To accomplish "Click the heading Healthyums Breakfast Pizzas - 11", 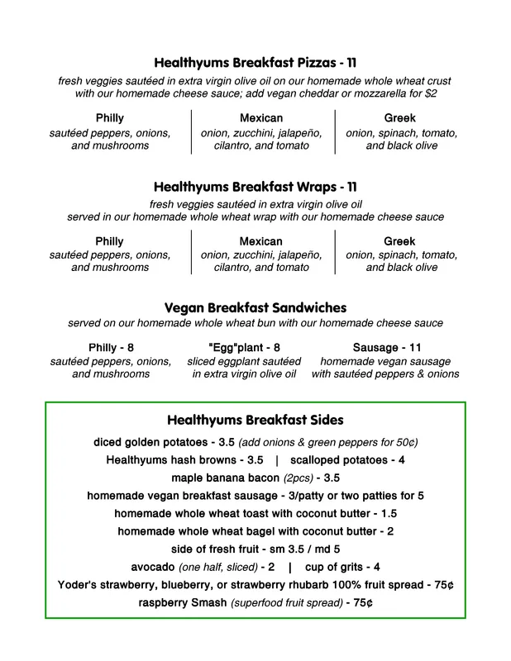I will [x=255, y=63].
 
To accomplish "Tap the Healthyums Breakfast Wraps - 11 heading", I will [x=255, y=187].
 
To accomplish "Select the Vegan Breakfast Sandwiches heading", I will [x=255, y=307].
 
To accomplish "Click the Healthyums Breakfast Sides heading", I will [x=255, y=421].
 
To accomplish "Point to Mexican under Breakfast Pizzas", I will [x=261, y=118].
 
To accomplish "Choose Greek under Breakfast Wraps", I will [x=399, y=241].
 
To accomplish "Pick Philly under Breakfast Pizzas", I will [x=110, y=118].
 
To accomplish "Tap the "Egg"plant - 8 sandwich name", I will [x=245, y=348].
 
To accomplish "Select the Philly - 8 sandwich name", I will [x=111, y=348].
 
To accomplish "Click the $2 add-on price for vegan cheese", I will [x=431, y=94].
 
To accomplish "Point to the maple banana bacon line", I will [x=255, y=478].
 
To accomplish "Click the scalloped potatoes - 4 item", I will [x=347, y=459].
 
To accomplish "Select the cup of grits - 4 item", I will [x=342, y=567].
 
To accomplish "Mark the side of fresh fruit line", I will [x=255, y=549].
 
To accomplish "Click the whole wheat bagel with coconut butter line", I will [x=255, y=531].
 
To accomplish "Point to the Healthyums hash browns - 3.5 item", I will [x=184, y=459].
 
